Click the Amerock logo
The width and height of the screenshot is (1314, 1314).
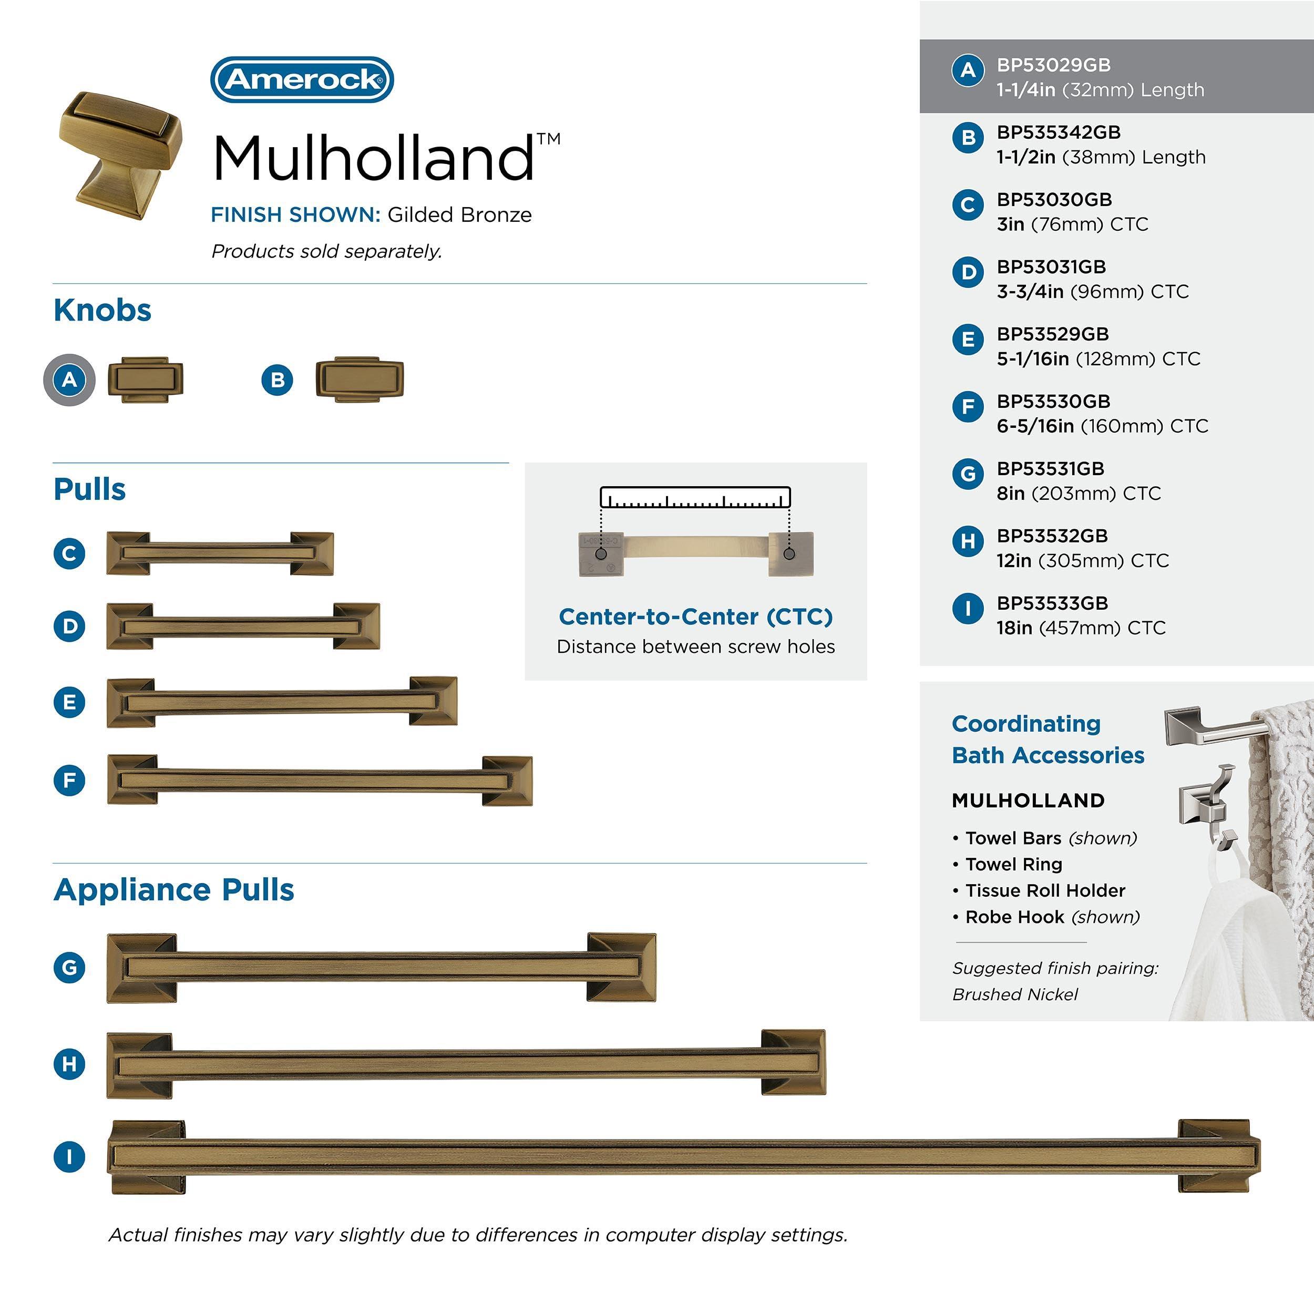(302, 79)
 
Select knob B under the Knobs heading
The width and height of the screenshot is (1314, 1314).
(359, 379)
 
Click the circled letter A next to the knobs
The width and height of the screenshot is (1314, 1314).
(69, 379)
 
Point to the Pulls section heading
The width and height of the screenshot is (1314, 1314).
(89, 489)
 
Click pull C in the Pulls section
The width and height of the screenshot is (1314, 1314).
(220, 553)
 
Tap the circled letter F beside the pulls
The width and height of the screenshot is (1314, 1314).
(69, 779)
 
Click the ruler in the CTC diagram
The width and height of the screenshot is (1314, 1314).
(694, 497)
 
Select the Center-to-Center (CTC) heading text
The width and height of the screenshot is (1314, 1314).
(695, 616)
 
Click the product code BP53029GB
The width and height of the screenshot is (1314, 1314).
(1053, 65)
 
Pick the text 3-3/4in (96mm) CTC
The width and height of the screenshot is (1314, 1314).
(1092, 292)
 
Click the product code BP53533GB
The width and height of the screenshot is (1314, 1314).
(1052, 603)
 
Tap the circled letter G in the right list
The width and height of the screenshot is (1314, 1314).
(968, 474)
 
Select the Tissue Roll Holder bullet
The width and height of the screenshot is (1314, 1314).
(1045, 890)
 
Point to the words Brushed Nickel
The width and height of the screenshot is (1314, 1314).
(1015, 994)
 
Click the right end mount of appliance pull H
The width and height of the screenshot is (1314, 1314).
(793, 1062)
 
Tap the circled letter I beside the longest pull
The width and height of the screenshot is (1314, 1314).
(69, 1156)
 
